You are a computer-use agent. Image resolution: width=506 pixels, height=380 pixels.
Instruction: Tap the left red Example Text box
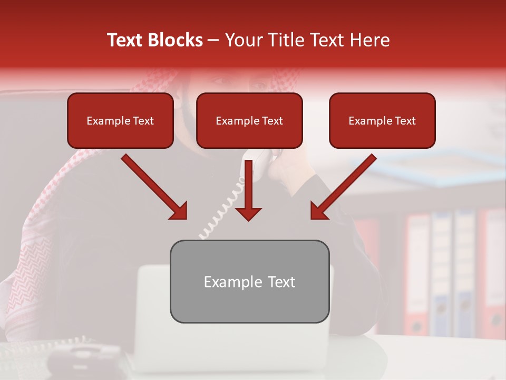tap(120, 120)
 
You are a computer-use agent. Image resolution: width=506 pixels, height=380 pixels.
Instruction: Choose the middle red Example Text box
tap(249, 120)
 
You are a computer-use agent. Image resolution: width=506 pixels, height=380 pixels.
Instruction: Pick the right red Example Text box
tap(382, 120)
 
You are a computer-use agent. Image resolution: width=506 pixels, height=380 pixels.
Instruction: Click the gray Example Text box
tap(249, 281)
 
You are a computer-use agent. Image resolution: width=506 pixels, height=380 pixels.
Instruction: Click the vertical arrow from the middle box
tap(248, 185)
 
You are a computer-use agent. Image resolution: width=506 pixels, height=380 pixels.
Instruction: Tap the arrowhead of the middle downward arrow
tap(248, 213)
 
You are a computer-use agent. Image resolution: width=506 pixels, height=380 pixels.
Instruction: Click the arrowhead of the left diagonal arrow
tap(179, 211)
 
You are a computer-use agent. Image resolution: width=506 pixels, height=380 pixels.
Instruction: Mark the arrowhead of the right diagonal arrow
tap(319, 211)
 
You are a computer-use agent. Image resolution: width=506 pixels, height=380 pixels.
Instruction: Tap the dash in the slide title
tap(213, 41)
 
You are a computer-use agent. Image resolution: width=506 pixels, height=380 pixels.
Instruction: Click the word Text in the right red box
tap(405, 121)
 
